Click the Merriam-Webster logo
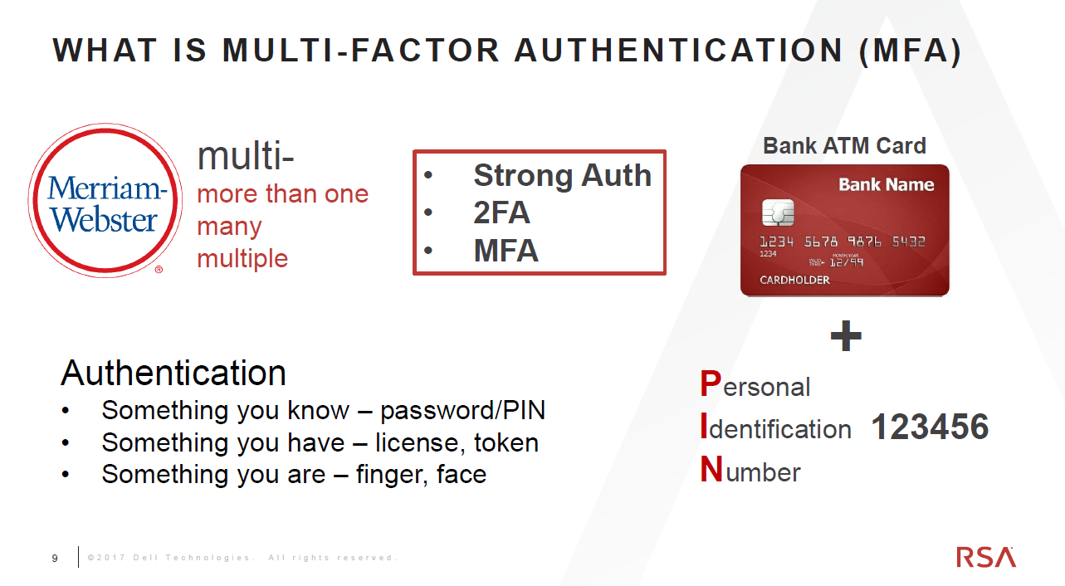[105, 200]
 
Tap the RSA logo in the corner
[986, 557]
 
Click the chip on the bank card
[778, 212]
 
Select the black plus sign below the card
[846, 336]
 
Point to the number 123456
[930, 427]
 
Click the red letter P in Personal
[711, 383]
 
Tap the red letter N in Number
[711, 469]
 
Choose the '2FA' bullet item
[501, 212]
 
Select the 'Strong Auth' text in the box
[563, 175]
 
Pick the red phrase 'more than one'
[283, 194]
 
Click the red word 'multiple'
[242, 259]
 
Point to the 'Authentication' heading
[173, 373]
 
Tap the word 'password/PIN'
[462, 411]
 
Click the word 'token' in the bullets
[506, 443]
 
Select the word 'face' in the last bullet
[462, 474]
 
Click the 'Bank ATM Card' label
[844, 145]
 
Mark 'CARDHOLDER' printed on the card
[794, 280]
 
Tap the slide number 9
[55, 558]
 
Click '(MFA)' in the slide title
[911, 51]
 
